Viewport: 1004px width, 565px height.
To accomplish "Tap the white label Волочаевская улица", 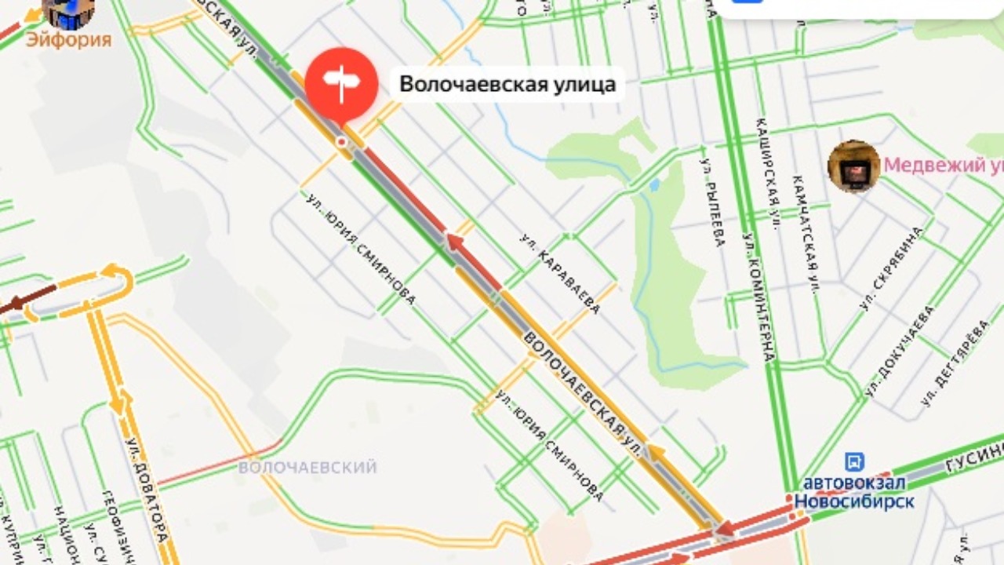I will pyautogui.click(x=507, y=84).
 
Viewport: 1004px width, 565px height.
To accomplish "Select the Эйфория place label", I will pyautogui.click(x=68, y=38).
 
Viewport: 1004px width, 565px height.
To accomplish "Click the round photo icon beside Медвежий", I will pyautogui.click(x=853, y=166).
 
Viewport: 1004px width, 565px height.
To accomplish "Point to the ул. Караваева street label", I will pyautogui.click(x=560, y=273).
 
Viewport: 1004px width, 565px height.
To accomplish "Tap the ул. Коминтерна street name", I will pyautogui.click(x=758, y=297).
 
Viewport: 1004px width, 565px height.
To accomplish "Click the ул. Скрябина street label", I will pyautogui.click(x=892, y=268).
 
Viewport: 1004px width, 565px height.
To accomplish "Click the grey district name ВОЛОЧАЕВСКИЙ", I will pyautogui.click(x=307, y=468).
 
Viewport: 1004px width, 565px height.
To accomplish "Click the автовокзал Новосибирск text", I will pyautogui.click(x=854, y=491).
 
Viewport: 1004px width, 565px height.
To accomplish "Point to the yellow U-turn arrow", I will pyautogui.click(x=116, y=276).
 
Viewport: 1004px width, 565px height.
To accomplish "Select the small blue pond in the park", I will pyautogui.click(x=653, y=185).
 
